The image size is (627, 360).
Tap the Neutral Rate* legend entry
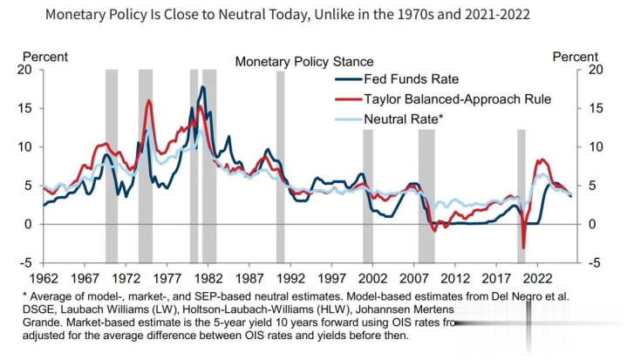pos(404,119)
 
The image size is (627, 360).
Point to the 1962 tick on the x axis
pos(44,278)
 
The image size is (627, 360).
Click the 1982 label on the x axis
pos(204,278)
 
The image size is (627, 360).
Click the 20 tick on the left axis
pos(25,70)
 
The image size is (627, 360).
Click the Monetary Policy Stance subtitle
pos(304,61)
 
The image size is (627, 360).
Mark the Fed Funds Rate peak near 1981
pos(203,87)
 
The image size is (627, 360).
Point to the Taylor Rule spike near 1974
pos(148,101)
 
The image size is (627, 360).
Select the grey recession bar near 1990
pos(280,166)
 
